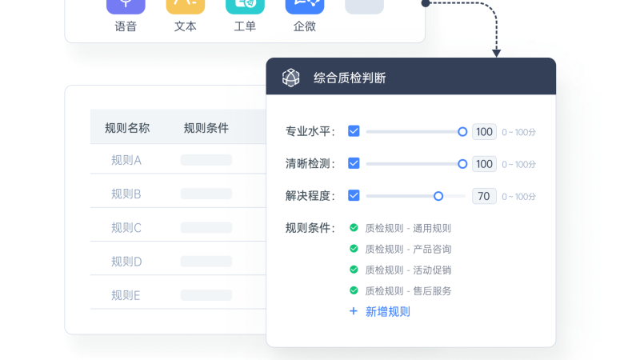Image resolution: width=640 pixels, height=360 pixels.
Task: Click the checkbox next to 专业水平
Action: (354, 131)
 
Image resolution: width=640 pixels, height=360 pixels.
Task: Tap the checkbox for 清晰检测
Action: (354, 163)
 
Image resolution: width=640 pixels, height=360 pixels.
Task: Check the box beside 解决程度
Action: (354, 195)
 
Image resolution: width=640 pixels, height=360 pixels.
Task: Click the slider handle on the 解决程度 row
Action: (438, 196)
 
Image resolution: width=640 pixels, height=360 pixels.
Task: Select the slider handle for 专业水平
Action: (462, 132)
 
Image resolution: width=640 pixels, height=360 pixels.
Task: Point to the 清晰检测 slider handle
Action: (462, 164)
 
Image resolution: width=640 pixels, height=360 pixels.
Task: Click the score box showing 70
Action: (484, 196)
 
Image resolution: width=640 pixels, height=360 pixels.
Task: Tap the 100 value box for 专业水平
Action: (484, 132)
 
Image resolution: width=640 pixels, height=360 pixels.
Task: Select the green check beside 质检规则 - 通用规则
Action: (354, 228)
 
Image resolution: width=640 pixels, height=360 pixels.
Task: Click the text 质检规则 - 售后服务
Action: (408, 291)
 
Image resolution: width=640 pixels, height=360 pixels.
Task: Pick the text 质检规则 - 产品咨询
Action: (408, 249)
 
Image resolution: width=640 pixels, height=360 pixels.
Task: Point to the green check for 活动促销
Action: (354, 270)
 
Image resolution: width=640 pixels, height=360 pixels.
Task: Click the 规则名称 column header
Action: (127, 128)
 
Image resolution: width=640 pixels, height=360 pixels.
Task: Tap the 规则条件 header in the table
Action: (206, 128)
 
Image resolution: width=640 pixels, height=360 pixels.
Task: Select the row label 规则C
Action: (126, 228)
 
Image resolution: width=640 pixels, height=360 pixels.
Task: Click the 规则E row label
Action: (126, 295)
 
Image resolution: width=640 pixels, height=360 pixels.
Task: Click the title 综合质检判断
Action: (350, 78)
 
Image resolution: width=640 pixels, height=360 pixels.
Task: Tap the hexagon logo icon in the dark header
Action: (291, 78)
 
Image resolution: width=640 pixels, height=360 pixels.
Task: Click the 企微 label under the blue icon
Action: (305, 26)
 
